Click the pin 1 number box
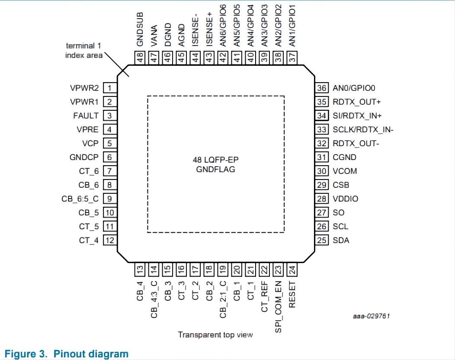coord(110,88)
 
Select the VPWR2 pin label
coord(84,88)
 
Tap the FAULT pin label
coord(86,116)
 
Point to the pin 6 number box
coord(110,157)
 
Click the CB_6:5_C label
coord(80,199)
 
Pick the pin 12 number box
coord(110,241)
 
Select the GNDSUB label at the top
coord(140,29)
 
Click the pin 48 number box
coord(140,57)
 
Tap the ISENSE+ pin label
coord(209,29)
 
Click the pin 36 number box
coord(322,88)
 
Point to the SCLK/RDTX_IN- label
coord(363,130)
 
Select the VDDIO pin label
coord(345,199)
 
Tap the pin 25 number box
coord(322,241)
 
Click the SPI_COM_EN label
coord(279,307)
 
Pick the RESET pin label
coord(292,294)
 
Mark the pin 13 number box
coord(140,270)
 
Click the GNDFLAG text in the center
coord(215,169)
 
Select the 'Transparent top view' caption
coord(215,335)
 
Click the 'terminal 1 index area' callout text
coord(84,50)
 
